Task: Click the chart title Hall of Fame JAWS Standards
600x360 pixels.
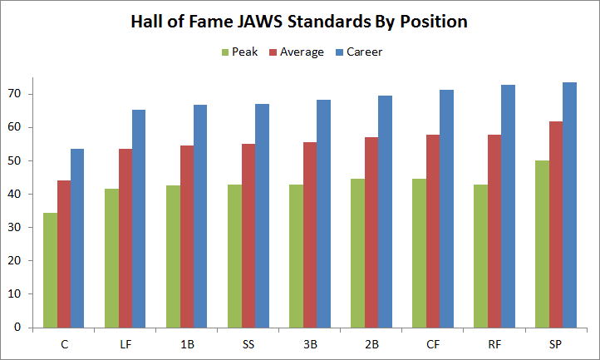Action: click(299, 22)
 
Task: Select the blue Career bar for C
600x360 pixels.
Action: click(77, 238)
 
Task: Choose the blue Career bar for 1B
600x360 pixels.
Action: click(200, 216)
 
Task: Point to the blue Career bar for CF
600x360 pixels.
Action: click(446, 209)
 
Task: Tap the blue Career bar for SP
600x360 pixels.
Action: click(569, 205)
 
